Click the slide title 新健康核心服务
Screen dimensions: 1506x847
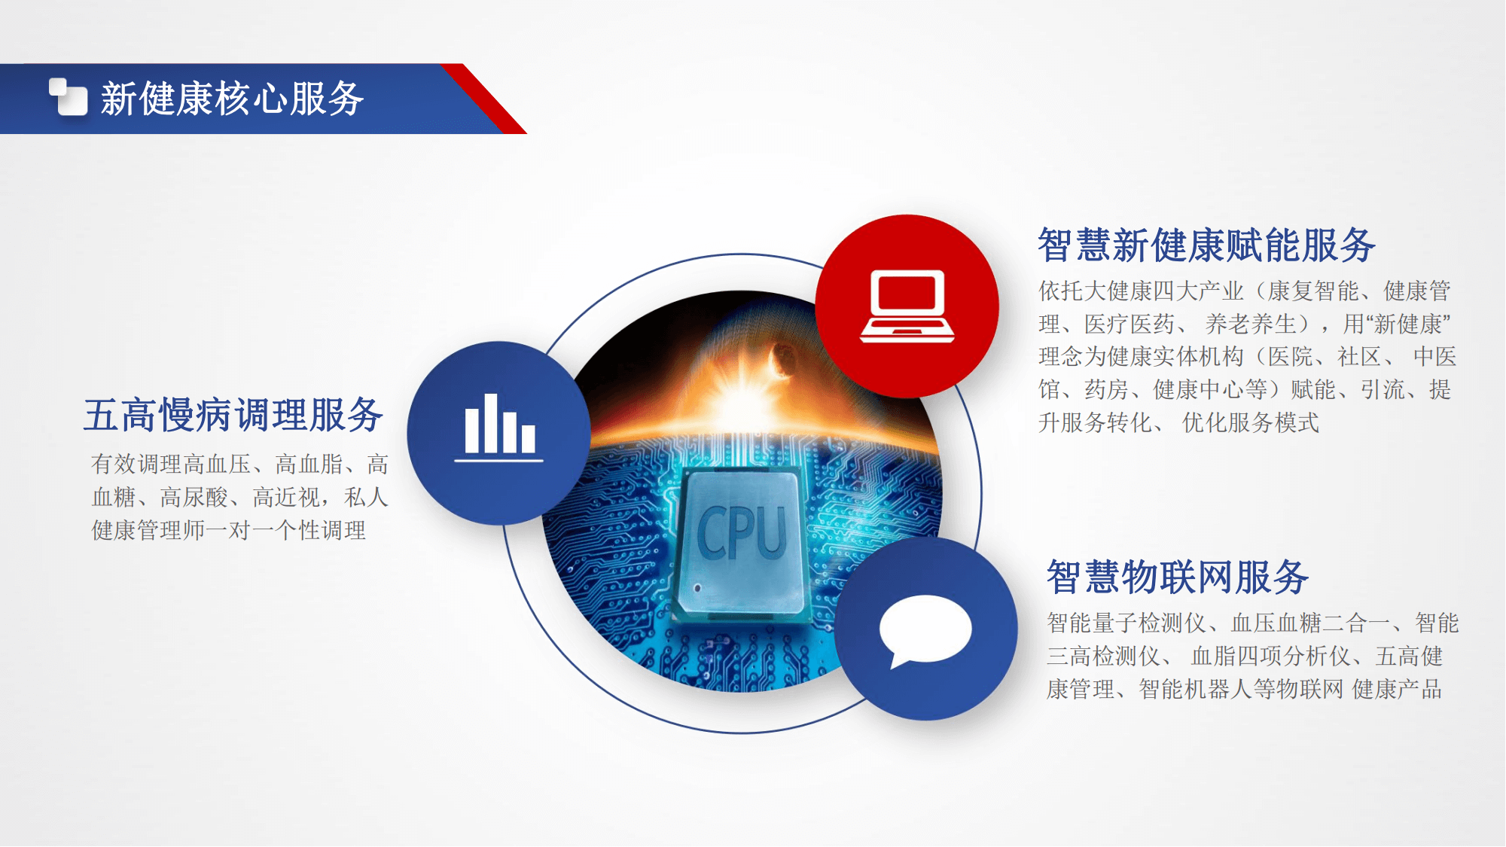[x=233, y=99]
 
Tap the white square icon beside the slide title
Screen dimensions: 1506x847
[x=69, y=97]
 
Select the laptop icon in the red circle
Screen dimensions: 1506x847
[x=907, y=306]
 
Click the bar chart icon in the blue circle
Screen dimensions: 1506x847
[x=499, y=427]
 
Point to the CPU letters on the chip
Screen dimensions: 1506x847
[x=742, y=533]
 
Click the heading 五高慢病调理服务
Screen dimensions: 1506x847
[x=233, y=415]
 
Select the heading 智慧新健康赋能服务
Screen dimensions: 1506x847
[x=1207, y=245]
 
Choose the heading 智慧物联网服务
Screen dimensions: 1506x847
[x=1178, y=577]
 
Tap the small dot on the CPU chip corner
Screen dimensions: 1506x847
[x=698, y=588]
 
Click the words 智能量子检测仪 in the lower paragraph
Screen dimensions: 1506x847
[x=1126, y=623]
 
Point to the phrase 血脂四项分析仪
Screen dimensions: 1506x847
[x=1271, y=657]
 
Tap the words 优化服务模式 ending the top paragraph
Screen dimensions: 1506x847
[x=1251, y=423]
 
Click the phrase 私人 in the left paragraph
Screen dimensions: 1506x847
[x=366, y=498]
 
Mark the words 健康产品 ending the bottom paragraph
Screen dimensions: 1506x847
[x=1397, y=690]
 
